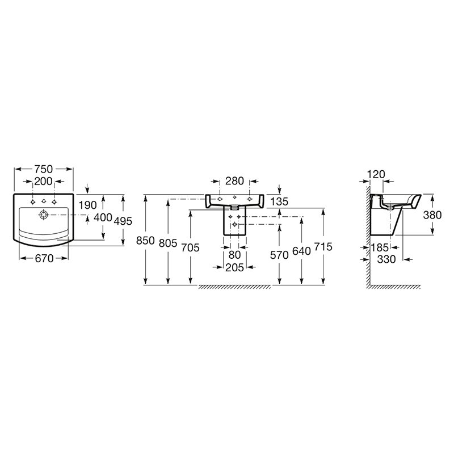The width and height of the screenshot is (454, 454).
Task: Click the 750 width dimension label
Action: pos(44,169)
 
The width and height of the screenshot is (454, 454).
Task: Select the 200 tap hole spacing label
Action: pos(44,182)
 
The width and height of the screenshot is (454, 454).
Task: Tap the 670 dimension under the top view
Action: pos(44,258)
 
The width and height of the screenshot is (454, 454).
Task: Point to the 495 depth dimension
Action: pos(123,221)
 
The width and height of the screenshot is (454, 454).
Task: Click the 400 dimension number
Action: pos(103,217)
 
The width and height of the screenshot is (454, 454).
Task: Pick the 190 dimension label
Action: pos(88,205)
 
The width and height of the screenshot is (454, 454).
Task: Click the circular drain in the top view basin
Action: pos(44,215)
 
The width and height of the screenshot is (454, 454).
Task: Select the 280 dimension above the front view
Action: pos(234,181)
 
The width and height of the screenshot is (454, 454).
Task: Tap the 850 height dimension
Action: pos(145,240)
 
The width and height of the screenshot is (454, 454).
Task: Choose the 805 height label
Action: pos(168,243)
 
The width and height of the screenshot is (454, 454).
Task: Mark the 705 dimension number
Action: pos(191,247)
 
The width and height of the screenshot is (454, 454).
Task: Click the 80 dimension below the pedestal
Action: pos(234,255)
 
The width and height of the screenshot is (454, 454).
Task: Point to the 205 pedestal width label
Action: pos(234,267)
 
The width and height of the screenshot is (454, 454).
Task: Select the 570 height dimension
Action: pos(279,255)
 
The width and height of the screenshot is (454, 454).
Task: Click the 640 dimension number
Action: pos(301,251)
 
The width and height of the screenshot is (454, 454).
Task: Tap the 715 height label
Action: pos(323,247)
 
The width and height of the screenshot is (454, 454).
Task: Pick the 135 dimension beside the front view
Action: pos(279,201)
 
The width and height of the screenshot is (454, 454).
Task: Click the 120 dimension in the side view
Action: pos(376,174)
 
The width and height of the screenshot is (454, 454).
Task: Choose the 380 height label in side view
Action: pos(432,215)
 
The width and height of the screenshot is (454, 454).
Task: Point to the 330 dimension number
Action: pos(386,259)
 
